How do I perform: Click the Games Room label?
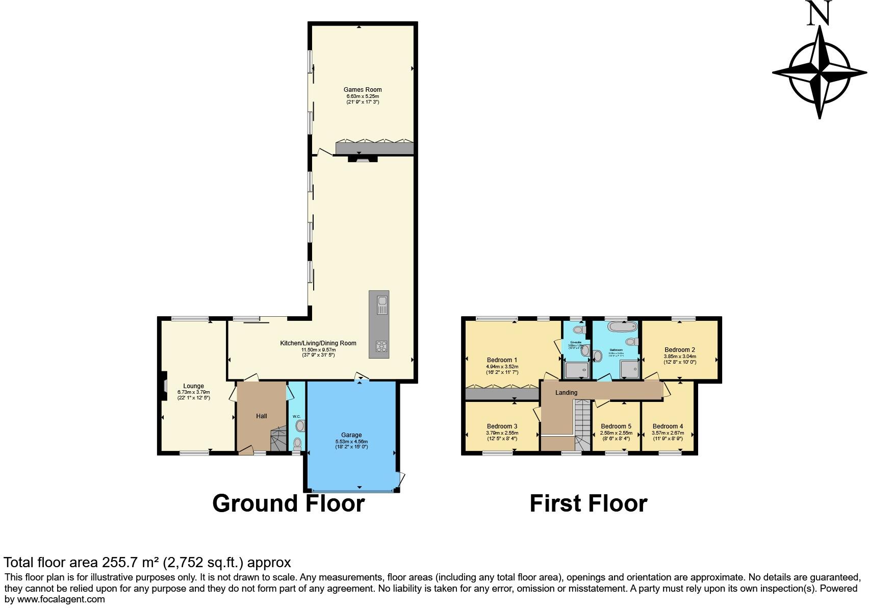(363, 90)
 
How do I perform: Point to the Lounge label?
(193, 386)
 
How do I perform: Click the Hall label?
(261, 416)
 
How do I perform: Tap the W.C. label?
(296, 417)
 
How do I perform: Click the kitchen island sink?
(380, 306)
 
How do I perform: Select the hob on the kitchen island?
(380, 346)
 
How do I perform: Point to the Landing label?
(566, 393)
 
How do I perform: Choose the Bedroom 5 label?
(616, 426)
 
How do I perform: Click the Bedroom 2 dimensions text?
(680, 359)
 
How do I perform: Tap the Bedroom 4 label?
(668, 426)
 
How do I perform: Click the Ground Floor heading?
(288, 503)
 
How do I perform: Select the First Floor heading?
(588, 503)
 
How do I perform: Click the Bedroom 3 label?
(502, 426)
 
